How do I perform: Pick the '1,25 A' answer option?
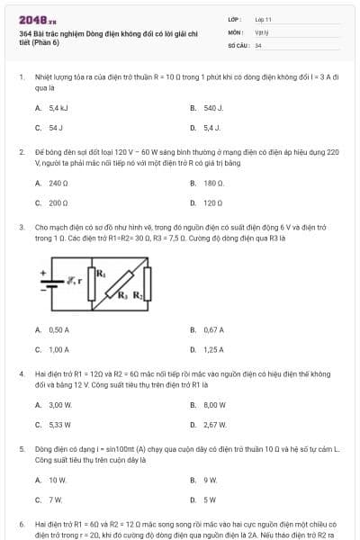tap(213, 349)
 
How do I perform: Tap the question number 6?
tap(21, 522)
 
